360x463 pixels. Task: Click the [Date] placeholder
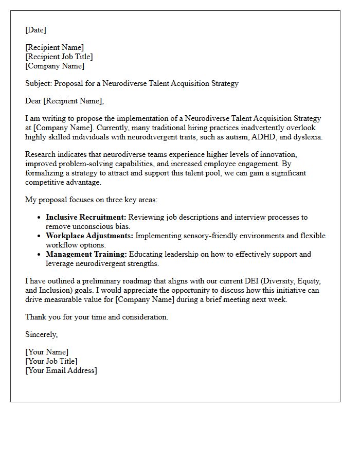tap(35, 30)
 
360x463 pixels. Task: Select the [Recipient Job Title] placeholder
tap(59, 57)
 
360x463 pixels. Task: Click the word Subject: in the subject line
tap(39, 83)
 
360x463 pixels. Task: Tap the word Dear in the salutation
tap(33, 101)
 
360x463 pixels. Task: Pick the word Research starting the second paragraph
tap(41, 155)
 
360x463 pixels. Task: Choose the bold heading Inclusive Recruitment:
tap(86, 218)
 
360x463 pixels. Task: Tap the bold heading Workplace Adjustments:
tap(89, 236)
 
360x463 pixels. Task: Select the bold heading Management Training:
tap(86, 254)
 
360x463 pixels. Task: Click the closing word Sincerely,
tap(42, 334)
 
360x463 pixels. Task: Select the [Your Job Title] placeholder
tap(51, 361)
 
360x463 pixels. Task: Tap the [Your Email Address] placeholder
tap(61, 370)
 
